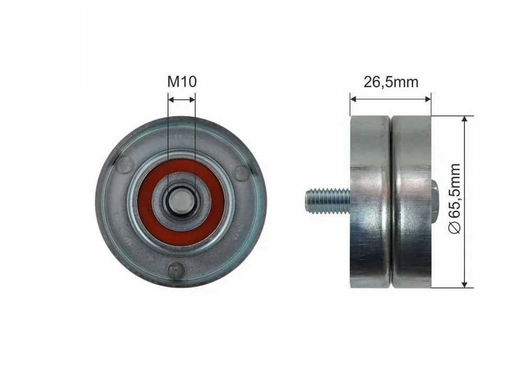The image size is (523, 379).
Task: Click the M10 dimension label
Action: (182, 82)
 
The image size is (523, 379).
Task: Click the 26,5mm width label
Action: (391, 82)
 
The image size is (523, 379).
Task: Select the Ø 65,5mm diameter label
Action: (456, 199)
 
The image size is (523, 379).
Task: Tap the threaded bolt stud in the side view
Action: (327, 201)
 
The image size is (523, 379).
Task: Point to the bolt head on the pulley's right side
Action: (434, 201)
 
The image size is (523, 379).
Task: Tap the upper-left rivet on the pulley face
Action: (125, 164)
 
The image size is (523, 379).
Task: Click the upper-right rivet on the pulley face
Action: (241, 172)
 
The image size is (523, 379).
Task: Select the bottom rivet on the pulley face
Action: (176, 269)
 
